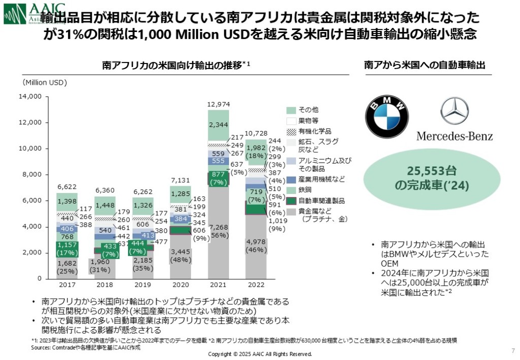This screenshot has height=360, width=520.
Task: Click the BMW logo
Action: coord(388,117)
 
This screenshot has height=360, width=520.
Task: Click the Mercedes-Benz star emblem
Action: coord(454,111)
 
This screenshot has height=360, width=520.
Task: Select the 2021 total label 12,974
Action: coord(218,104)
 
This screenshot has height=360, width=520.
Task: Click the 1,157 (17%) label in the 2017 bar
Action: coord(67,248)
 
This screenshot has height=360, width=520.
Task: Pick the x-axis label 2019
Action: coord(143,285)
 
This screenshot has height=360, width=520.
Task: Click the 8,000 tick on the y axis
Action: coord(31,174)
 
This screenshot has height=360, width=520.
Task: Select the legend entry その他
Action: coord(309,110)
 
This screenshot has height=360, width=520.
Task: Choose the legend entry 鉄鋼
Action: coord(306,190)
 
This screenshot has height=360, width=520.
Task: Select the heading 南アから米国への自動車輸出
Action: coord(425,66)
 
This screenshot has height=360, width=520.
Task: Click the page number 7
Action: coord(512,350)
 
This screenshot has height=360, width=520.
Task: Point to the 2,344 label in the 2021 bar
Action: coord(218,124)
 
